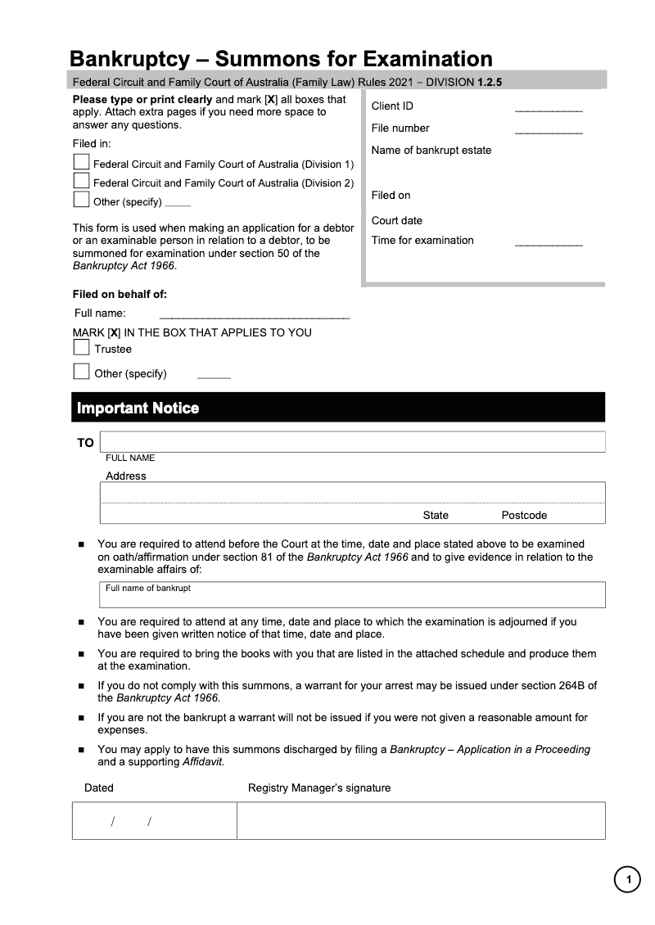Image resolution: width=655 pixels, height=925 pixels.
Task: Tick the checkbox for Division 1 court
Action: click(x=81, y=162)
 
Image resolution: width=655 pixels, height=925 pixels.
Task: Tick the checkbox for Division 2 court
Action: click(x=81, y=180)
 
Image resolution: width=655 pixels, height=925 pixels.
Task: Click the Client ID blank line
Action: click(x=548, y=109)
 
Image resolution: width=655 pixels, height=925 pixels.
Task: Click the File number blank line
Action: click(x=548, y=131)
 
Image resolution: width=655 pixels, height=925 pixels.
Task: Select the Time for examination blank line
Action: click(x=548, y=244)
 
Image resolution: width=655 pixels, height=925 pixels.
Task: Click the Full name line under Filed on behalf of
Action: click(x=254, y=315)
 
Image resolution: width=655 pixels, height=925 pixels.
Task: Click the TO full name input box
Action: click(x=352, y=442)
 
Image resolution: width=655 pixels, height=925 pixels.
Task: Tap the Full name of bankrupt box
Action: click(x=352, y=595)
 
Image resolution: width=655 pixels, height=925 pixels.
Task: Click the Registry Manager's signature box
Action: click(x=421, y=820)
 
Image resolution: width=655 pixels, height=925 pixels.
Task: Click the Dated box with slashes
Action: click(x=154, y=820)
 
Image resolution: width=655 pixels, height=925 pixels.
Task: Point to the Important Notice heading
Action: click(x=138, y=408)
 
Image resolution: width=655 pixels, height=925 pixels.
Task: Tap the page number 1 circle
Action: click(x=628, y=880)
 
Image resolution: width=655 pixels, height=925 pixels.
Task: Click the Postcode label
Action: click(x=524, y=515)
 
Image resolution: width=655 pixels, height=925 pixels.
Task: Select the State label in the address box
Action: click(x=436, y=515)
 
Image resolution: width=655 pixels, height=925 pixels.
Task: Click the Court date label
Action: click(x=396, y=220)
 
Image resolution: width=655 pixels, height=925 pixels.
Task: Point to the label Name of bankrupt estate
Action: click(x=431, y=150)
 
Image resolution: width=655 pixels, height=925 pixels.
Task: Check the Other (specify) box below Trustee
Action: click(x=81, y=372)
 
